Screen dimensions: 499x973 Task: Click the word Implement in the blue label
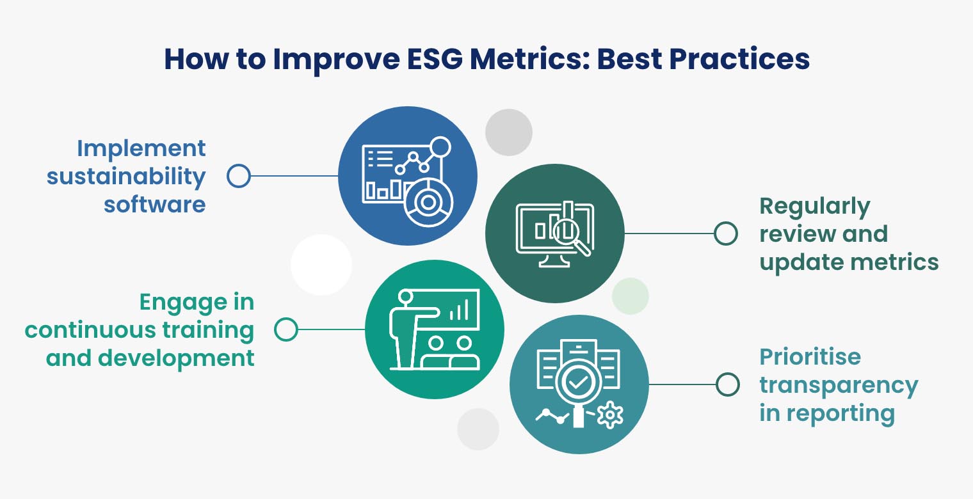tap(141, 148)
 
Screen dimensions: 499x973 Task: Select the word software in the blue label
tap(154, 204)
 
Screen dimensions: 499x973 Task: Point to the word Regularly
tap(815, 207)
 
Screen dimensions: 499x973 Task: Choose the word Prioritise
tap(810, 356)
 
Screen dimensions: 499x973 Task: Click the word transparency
tap(839, 385)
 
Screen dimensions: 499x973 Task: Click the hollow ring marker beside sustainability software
tap(239, 176)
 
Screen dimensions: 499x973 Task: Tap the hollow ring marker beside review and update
tap(725, 234)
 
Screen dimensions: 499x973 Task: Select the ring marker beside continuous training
tap(285, 330)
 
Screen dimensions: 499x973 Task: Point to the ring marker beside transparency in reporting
tap(727, 384)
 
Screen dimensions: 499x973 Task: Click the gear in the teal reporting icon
tap(609, 416)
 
